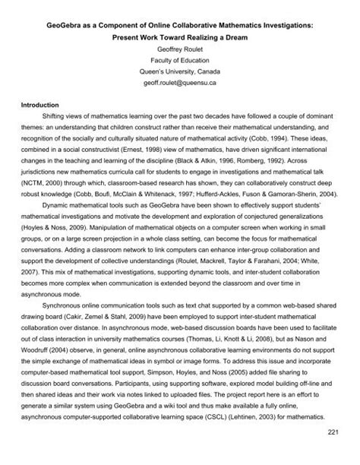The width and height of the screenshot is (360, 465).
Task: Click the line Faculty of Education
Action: (179, 64)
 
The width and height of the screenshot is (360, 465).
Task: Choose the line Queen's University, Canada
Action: (179, 77)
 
